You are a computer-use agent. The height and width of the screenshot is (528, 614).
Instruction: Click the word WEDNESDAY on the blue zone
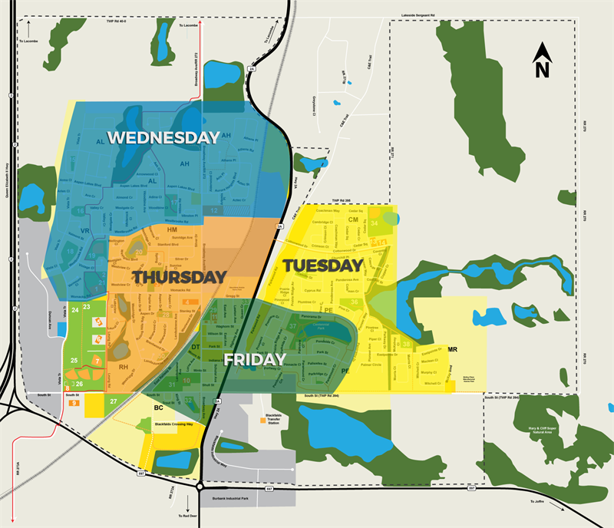point(163,137)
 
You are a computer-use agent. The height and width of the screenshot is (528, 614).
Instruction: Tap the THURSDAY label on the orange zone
point(180,276)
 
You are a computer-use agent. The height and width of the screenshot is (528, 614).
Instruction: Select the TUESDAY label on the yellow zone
point(323,266)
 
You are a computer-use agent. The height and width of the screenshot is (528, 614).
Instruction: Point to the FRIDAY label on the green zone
point(255,359)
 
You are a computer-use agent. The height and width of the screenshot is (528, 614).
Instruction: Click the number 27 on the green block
point(114,401)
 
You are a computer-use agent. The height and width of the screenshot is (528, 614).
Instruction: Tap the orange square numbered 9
point(74,402)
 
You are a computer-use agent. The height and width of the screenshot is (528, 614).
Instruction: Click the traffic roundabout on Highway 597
point(200,486)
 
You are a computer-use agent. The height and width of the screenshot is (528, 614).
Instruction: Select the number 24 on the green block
point(75,309)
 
